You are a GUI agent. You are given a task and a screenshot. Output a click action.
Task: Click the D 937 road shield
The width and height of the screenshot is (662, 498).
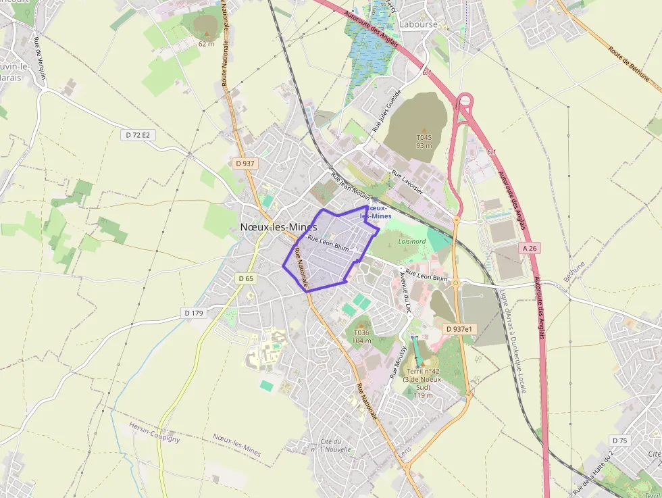(245, 164)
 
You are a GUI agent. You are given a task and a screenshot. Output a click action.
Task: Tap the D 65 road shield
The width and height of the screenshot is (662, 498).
(246, 278)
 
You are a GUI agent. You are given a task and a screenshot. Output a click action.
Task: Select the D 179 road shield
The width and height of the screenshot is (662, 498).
(193, 313)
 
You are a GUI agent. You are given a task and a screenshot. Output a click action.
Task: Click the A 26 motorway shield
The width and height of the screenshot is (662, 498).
(531, 248)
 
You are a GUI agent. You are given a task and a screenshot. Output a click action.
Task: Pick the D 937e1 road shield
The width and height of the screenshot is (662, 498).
(460, 329)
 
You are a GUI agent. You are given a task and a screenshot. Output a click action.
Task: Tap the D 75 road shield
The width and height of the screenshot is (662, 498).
(619, 441)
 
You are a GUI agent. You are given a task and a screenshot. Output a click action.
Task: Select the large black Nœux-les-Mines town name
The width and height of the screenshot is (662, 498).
(279, 227)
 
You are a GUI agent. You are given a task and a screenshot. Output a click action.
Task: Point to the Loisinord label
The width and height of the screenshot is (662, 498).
(412, 241)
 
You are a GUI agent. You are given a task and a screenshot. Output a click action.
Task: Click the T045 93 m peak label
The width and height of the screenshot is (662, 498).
(424, 141)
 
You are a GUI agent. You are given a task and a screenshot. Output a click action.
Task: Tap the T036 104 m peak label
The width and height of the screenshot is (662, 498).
(362, 336)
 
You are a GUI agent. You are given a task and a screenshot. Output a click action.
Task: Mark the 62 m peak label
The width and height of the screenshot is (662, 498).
(206, 44)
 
